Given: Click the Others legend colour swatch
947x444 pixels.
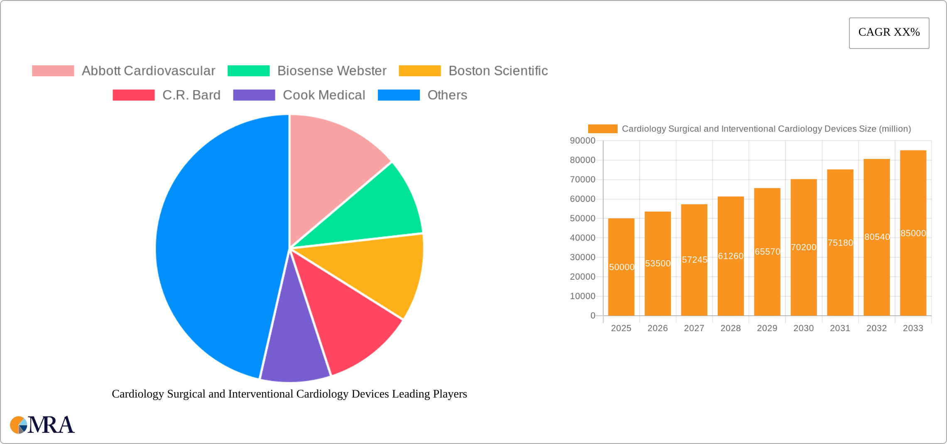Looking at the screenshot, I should coord(399,95).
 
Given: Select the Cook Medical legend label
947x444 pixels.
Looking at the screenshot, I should coord(324,95).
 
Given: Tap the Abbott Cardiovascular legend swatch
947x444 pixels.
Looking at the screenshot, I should coord(53,71).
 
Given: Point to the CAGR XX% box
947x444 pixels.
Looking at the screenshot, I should coord(889,33).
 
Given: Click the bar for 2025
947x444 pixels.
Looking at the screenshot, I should coord(621,290).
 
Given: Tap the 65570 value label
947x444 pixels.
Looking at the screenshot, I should coord(767,251).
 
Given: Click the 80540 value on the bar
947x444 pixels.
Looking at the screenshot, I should coord(877,237).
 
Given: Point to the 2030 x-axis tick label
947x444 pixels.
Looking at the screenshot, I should coord(803,328).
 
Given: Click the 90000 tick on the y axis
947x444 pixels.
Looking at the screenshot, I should coord(582,141).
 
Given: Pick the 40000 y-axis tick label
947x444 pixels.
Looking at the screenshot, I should coord(582,238).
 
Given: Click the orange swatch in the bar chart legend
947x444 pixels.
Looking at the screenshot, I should coord(602,129).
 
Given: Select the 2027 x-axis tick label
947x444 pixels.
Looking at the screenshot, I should coord(694,328).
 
